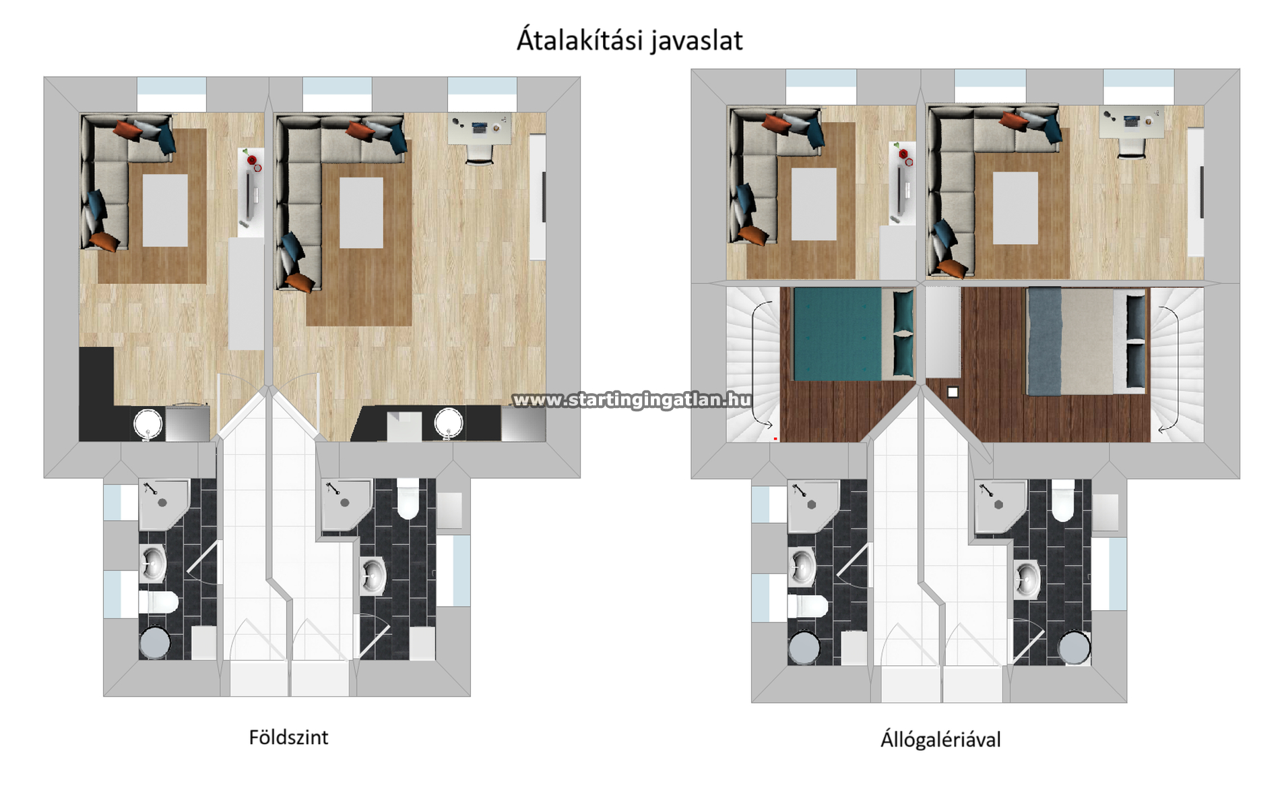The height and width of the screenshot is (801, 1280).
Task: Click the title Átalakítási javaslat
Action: click(629, 40)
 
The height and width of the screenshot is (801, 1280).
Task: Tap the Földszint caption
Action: click(288, 737)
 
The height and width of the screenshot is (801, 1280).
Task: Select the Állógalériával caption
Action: click(940, 740)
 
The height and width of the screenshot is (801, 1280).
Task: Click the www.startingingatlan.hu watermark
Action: click(632, 400)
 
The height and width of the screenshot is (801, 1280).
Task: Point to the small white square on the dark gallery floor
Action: click(953, 392)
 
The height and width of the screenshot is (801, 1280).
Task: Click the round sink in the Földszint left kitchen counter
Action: click(148, 424)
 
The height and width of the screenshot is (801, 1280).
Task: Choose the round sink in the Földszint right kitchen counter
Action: click(449, 423)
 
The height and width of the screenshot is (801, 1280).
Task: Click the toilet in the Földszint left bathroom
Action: click(158, 602)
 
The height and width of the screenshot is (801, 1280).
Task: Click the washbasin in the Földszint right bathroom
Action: click(373, 575)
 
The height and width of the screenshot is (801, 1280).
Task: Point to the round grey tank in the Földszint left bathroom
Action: click(155, 643)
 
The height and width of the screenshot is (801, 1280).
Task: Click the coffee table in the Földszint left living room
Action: click(165, 210)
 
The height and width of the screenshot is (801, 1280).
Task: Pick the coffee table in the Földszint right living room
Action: click(361, 212)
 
